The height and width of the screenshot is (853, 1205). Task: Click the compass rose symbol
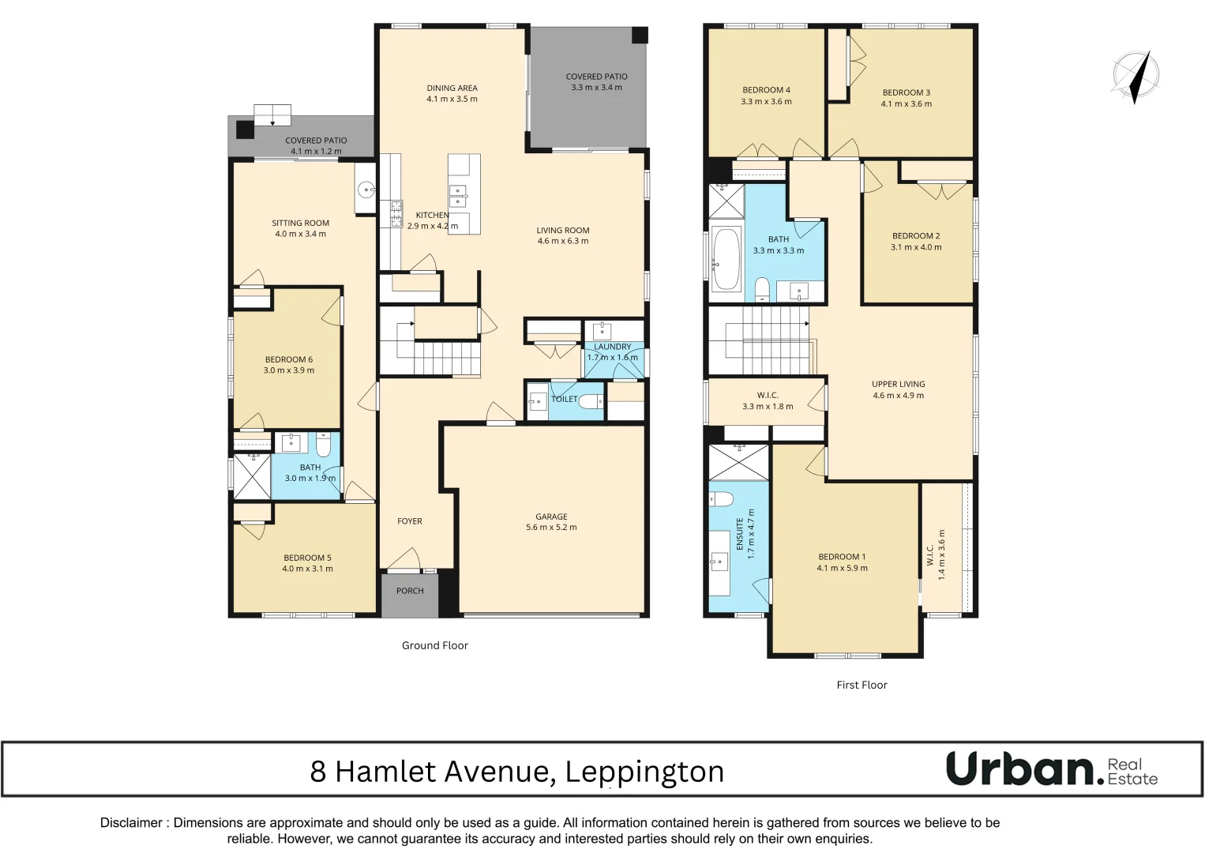1136,77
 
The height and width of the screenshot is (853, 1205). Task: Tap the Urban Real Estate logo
1051,768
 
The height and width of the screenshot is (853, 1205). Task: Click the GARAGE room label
551,517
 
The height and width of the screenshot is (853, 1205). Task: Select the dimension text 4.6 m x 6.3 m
563,242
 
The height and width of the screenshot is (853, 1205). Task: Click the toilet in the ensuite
721,498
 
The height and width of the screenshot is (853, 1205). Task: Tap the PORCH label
410,591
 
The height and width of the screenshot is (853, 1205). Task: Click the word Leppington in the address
644,772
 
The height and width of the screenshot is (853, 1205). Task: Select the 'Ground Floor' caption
434,645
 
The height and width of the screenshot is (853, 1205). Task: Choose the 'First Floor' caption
862,685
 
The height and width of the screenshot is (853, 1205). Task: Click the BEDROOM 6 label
288,359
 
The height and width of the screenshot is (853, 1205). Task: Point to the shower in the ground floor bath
252,475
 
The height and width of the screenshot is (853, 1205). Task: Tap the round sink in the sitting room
365,190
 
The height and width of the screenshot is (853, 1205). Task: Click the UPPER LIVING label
898,384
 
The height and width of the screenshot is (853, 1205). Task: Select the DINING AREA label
452,88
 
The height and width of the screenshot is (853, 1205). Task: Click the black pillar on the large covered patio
640,36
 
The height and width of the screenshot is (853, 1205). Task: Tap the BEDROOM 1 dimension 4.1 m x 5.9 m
842,569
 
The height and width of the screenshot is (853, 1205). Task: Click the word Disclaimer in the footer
131,823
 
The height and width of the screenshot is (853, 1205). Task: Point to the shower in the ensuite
738,462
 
